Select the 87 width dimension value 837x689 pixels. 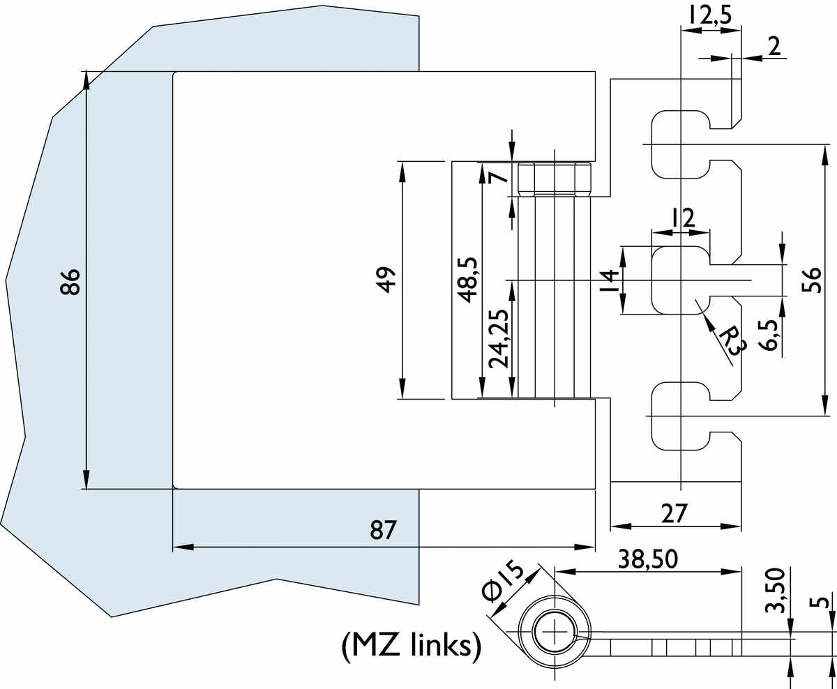click(x=383, y=529)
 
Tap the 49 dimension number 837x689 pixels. click(x=387, y=280)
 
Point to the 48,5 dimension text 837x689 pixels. click(x=467, y=280)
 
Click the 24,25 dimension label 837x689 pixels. click(x=499, y=339)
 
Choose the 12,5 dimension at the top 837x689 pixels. click(x=710, y=15)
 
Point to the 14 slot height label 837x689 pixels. click(x=610, y=280)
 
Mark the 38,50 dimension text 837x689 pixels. click(x=647, y=559)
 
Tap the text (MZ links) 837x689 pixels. click(x=412, y=646)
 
